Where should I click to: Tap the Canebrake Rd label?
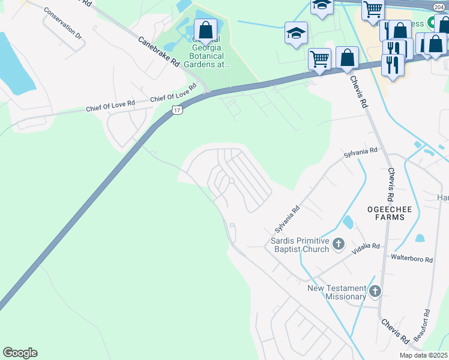click(159, 52)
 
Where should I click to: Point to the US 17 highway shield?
click(176, 110)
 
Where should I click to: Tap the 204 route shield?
click(441, 5)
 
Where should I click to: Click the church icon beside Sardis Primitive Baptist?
click(339, 244)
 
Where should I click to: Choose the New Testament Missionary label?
click(337, 292)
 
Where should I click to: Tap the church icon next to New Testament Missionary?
click(375, 292)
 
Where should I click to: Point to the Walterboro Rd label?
click(412, 259)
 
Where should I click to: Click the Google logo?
click(20, 353)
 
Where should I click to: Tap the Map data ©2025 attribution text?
click(423, 355)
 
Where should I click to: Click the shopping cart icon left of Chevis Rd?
click(320, 59)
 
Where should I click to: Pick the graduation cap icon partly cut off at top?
click(322, 5)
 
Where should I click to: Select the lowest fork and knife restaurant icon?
click(393, 65)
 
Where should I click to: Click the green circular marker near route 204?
click(431, 24)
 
